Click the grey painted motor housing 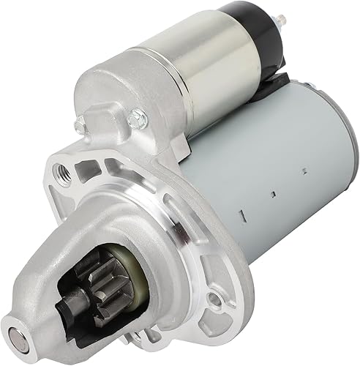(x=271, y=183)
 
